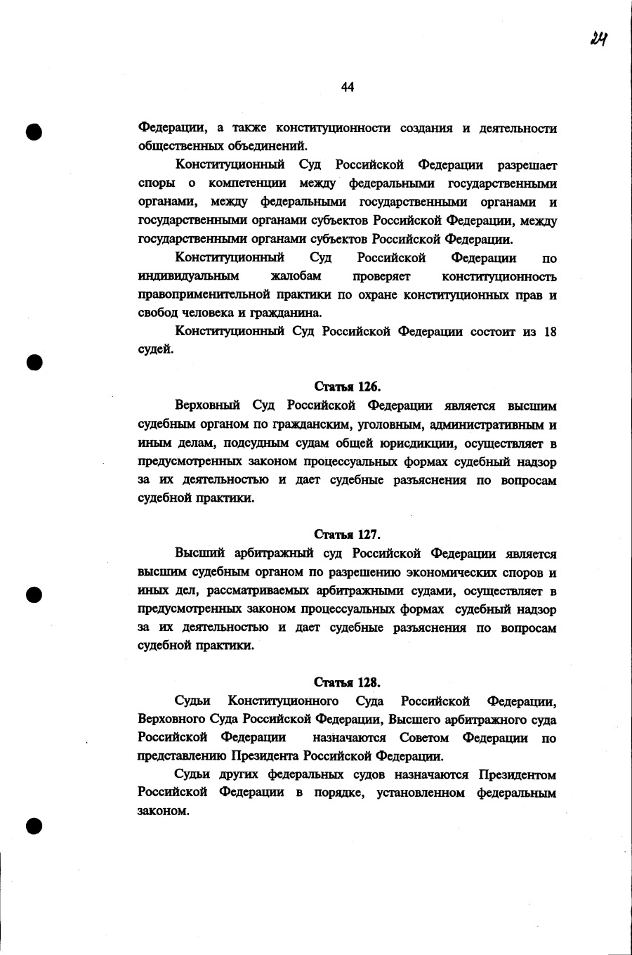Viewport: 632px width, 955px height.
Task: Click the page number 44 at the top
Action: [348, 87]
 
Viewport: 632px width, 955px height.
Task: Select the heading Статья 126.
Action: [348, 386]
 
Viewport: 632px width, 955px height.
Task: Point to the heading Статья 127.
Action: [348, 535]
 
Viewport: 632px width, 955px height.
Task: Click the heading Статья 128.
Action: [348, 682]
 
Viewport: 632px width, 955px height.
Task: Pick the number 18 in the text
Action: [550, 332]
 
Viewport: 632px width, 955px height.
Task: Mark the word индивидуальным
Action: [188, 277]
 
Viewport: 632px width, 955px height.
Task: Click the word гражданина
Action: [288, 313]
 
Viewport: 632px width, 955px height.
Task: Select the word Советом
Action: [423, 738]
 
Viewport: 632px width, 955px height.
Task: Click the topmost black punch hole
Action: [34, 131]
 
